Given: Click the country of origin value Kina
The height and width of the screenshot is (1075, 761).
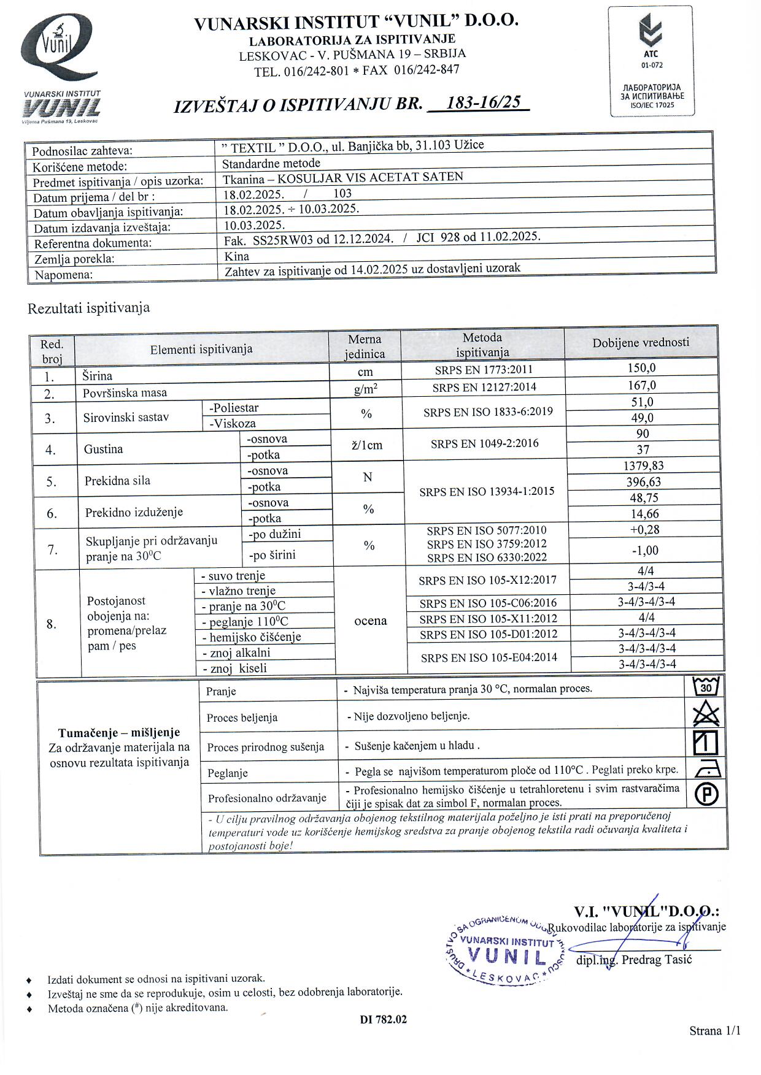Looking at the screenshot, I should click(237, 256).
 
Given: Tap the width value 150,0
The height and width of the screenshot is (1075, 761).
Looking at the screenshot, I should click(642, 368).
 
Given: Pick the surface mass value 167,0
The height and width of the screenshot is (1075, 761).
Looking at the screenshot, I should click(642, 385).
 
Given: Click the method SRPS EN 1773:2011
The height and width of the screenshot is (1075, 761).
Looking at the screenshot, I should click(484, 370).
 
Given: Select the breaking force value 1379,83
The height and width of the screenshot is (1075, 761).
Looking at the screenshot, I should click(643, 465).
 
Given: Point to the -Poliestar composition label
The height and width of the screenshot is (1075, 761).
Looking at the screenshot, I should click(234, 408).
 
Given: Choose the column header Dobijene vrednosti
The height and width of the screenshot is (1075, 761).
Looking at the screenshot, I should click(641, 343).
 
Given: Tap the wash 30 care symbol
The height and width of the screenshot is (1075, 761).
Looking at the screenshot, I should click(705, 687).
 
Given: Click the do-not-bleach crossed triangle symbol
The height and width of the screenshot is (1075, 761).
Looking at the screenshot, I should click(705, 714).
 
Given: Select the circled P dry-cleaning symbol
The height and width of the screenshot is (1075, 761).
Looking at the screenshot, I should click(706, 795).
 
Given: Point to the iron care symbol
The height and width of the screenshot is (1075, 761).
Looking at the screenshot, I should click(706, 769).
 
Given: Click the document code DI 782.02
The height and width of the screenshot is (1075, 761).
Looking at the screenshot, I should click(383, 1020).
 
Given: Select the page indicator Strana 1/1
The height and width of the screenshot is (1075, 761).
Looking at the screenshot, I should click(714, 1031).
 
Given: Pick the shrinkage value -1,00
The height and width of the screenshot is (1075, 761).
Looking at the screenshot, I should click(644, 550).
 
